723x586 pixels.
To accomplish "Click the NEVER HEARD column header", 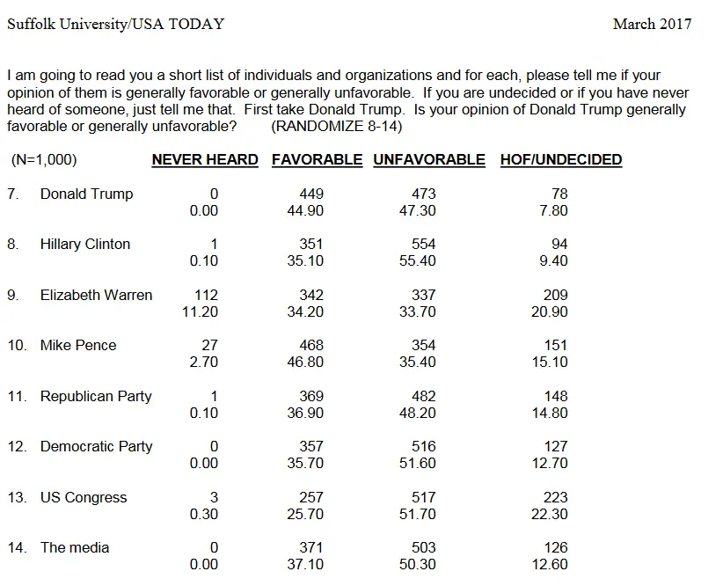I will tap(205, 159).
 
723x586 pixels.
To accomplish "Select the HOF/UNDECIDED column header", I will tap(560, 159).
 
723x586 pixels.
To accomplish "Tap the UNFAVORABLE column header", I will tap(428, 159).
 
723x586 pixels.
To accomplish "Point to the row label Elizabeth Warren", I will tap(96, 295).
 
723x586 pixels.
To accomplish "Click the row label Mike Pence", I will tap(78, 345).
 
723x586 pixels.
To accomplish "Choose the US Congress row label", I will tap(84, 497).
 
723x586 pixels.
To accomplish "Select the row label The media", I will tap(75, 547).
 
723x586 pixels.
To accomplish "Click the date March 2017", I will tap(652, 24).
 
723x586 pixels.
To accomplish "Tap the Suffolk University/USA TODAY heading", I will tap(115, 24).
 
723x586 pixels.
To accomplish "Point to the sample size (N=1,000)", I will tap(44, 159).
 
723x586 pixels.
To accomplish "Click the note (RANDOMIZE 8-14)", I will tap(337, 126).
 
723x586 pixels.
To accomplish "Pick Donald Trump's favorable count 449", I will tap(311, 194).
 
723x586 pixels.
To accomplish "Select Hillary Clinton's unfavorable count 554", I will tap(424, 244).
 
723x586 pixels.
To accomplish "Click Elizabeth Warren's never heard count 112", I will tap(206, 295).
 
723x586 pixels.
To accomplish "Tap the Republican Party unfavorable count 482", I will tap(424, 396).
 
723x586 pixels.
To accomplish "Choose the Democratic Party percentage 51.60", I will tap(417, 463).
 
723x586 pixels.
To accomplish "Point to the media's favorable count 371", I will tap(311, 547).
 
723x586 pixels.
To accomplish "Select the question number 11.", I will tap(17, 396).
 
